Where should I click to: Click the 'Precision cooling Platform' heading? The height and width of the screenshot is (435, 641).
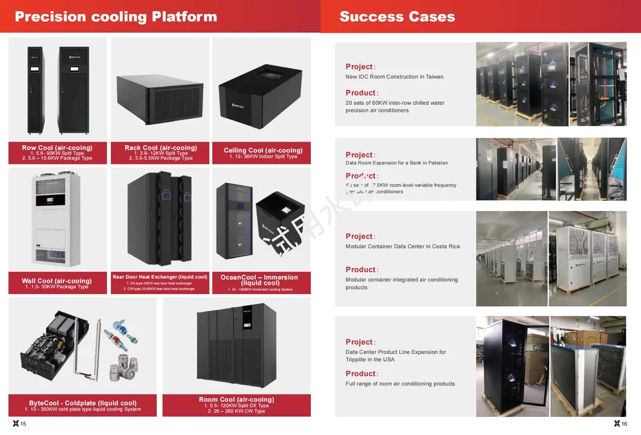click(x=116, y=16)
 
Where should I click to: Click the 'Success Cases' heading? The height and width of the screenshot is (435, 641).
click(x=397, y=16)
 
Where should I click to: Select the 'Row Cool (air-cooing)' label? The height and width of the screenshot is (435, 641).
click(x=57, y=148)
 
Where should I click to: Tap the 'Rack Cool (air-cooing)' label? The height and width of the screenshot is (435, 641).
click(x=160, y=148)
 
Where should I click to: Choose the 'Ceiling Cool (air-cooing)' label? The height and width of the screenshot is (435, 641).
click(x=263, y=150)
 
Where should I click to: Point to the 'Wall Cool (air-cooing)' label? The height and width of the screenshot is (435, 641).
click(x=57, y=281)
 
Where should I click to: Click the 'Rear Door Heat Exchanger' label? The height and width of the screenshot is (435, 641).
click(x=160, y=277)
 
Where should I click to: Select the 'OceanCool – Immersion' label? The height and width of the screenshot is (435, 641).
click(x=259, y=278)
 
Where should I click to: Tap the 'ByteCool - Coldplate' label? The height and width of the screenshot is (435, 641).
click(x=83, y=403)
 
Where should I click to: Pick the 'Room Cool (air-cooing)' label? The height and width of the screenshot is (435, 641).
click(x=236, y=399)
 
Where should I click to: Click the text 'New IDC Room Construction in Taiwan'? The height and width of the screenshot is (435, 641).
click(x=394, y=77)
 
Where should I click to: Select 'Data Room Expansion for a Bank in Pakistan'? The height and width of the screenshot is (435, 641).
click(x=397, y=163)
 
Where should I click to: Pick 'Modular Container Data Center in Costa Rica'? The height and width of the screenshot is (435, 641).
click(x=402, y=246)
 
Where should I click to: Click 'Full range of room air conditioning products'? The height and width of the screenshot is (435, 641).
click(x=400, y=384)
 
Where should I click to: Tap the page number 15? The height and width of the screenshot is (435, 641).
click(x=23, y=424)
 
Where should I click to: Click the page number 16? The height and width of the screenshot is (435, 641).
click(x=624, y=424)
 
